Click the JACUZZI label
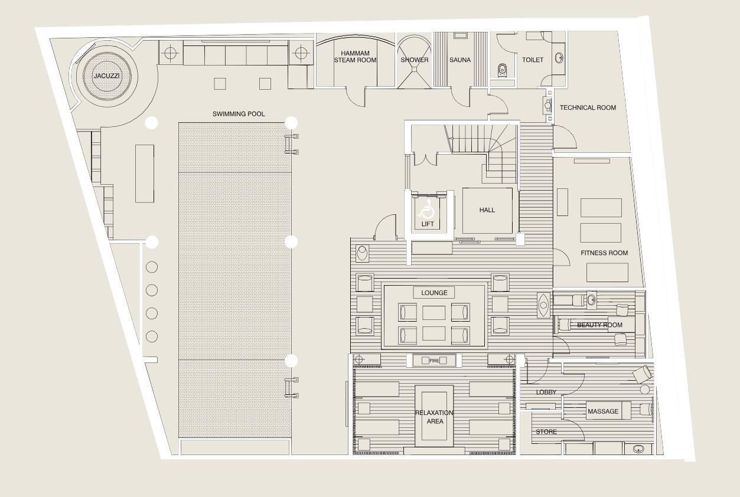(x=107, y=76)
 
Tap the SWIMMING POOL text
(x=239, y=114)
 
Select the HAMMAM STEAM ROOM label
(x=355, y=57)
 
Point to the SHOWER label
(x=414, y=60)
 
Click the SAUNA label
(x=460, y=60)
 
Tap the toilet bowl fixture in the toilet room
(x=502, y=71)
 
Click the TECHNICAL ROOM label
(x=588, y=107)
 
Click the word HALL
(x=487, y=210)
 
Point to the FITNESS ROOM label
(x=604, y=253)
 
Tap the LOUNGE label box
(x=434, y=293)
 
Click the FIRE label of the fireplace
(x=434, y=361)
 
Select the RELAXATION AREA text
(x=435, y=417)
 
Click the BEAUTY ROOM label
(x=599, y=325)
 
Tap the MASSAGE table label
(x=603, y=411)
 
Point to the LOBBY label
(x=546, y=393)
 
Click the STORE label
(x=546, y=431)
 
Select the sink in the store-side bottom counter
(x=638, y=449)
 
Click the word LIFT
(x=428, y=224)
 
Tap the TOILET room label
(x=533, y=60)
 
